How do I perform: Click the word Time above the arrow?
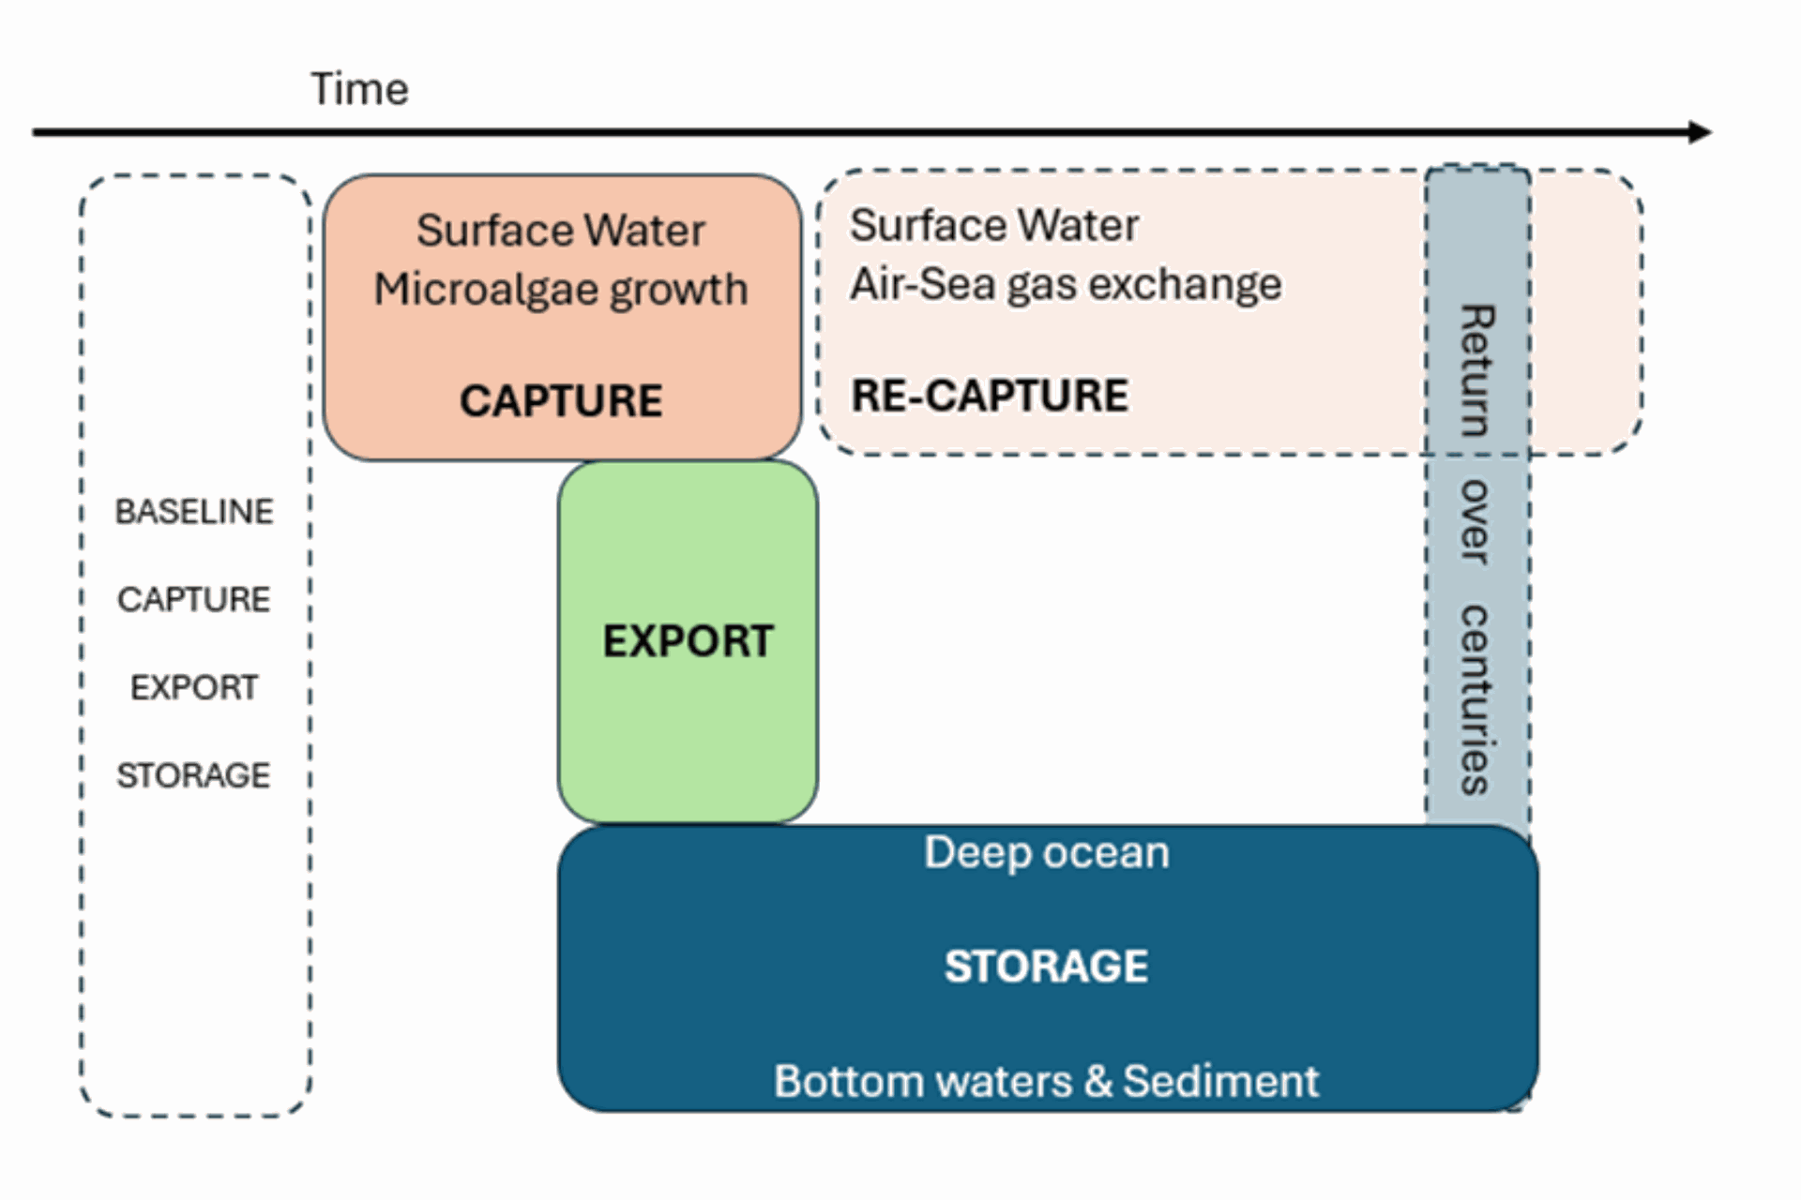[x=359, y=90]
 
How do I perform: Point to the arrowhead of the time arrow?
[x=1701, y=132]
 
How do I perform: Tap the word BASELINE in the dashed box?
[x=194, y=511]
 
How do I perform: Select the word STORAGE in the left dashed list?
[x=193, y=775]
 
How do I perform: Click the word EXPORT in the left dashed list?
[x=194, y=687]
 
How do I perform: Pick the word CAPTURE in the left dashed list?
[x=194, y=599]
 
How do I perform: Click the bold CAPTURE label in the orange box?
[x=561, y=401]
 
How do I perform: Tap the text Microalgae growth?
[x=561, y=290]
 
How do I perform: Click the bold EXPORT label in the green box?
[x=689, y=641]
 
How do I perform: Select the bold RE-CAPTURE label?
[x=990, y=395]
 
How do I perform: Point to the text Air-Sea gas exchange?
[x=1066, y=284]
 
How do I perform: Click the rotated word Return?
[x=1476, y=371]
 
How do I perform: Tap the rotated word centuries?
[x=1476, y=700]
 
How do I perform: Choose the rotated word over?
[x=1476, y=522]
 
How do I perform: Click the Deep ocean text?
[x=1047, y=853]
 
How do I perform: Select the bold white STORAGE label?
[x=1047, y=967]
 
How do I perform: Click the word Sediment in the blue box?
[x=1221, y=1081]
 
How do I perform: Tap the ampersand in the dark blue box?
[x=1098, y=1082]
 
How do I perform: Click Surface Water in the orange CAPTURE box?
[x=561, y=231]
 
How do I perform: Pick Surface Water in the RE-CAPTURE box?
[x=994, y=225]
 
